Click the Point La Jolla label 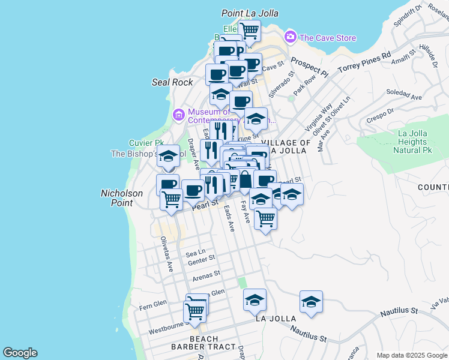click(x=250, y=13)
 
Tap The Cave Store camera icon click(x=291, y=37)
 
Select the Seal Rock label click(x=172, y=82)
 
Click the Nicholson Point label click(x=121, y=198)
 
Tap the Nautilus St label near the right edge click(x=399, y=311)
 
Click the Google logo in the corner click(x=20, y=353)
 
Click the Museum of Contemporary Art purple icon click(x=178, y=115)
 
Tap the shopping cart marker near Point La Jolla click(x=249, y=29)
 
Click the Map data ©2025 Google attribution click(x=411, y=355)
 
